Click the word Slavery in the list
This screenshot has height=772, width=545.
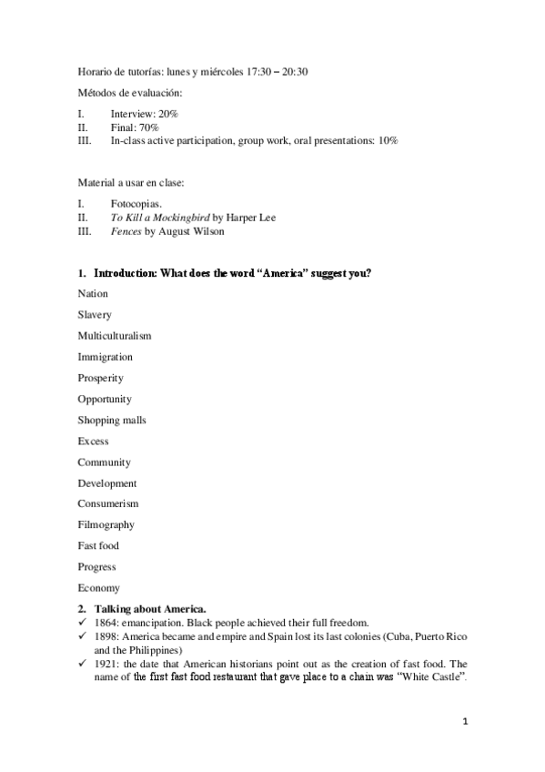pyautogui.click(x=95, y=315)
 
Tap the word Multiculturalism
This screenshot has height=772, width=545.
pyautogui.click(x=115, y=336)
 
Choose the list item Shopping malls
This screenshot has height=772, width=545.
pyautogui.click(x=112, y=421)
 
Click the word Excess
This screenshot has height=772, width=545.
pyautogui.click(x=93, y=442)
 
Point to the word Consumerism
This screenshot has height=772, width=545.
pyautogui.click(x=108, y=504)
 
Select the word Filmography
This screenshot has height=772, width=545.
pyautogui.click(x=106, y=525)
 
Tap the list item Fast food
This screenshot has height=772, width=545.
pyautogui.click(x=98, y=546)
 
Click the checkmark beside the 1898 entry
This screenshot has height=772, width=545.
pyautogui.click(x=82, y=635)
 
